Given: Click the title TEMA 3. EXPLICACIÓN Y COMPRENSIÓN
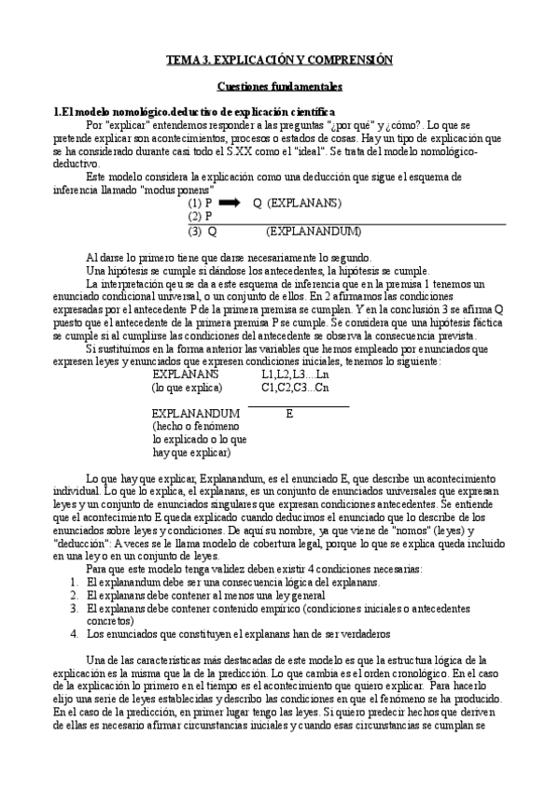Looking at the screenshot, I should click(x=279, y=59).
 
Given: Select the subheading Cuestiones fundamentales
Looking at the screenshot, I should click(x=279, y=86).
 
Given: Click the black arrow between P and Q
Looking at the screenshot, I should click(x=230, y=202).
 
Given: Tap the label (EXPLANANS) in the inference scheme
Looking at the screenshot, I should click(x=304, y=202).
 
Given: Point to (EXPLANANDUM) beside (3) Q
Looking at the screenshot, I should click(x=314, y=232).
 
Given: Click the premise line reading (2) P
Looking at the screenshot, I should click(x=200, y=216).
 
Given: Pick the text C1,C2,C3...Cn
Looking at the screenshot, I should click(x=294, y=386).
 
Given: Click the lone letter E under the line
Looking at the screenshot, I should click(x=289, y=412).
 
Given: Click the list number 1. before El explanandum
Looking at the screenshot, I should click(x=75, y=556).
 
